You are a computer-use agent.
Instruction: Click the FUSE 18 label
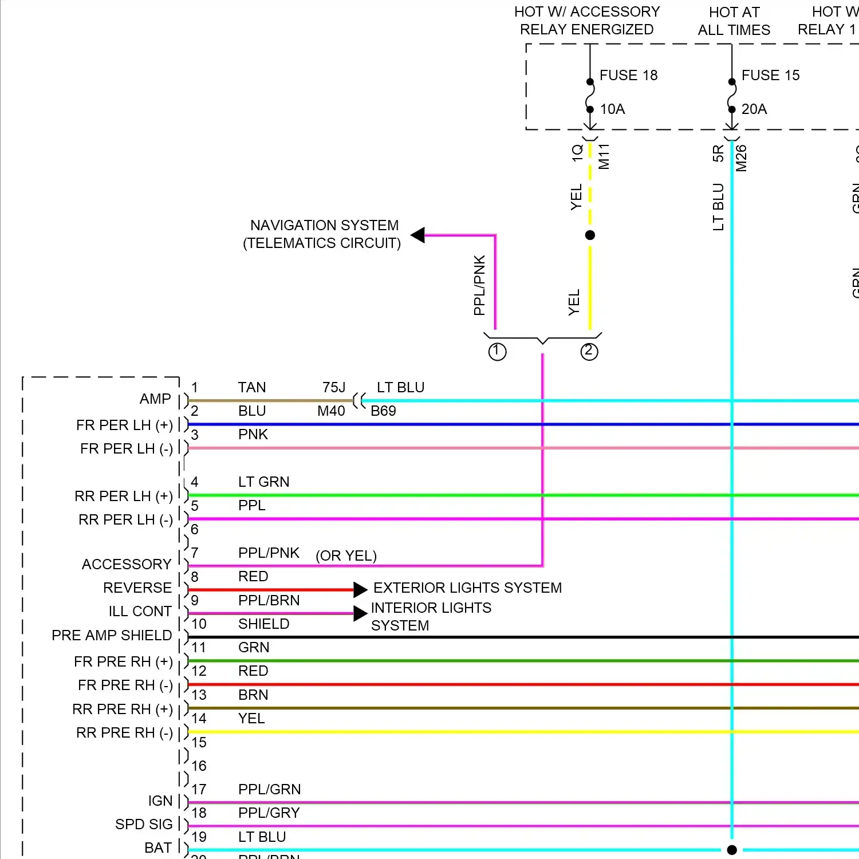(628, 75)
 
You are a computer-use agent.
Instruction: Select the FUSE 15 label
(770, 75)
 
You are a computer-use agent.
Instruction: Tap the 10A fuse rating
(612, 109)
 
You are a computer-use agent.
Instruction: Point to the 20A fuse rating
(754, 109)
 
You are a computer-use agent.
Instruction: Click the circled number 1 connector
(497, 351)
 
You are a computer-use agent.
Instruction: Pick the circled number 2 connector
(589, 351)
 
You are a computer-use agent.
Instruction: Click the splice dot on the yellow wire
(590, 235)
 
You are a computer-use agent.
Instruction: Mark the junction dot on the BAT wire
(732, 850)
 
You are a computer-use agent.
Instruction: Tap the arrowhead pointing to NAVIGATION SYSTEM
(418, 235)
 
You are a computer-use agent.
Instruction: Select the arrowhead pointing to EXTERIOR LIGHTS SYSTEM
(360, 589)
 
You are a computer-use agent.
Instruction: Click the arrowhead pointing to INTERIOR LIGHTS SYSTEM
(360, 613)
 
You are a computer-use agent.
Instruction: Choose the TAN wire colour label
(252, 388)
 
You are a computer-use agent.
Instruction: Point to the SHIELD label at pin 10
(263, 624)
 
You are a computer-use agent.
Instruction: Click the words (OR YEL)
(346, 555)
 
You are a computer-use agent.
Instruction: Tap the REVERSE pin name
(137, 588)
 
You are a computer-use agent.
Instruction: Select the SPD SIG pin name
(144, 824)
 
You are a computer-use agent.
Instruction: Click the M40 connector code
(331, 411)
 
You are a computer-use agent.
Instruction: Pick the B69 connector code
(383, 411)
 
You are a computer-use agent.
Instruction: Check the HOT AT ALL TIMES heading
(734, 21)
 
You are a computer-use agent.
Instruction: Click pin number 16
(199, 766)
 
